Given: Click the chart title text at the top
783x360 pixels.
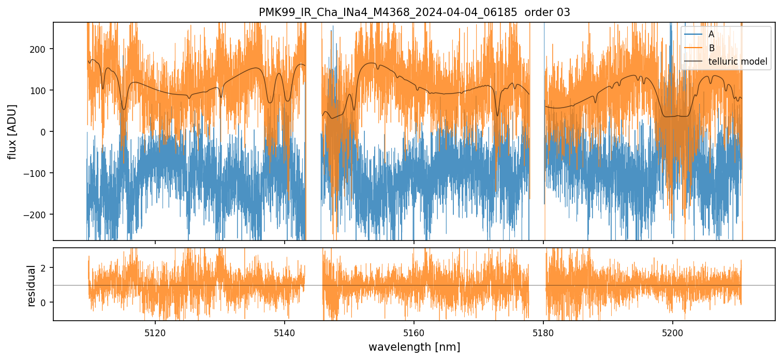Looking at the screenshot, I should point(414,12).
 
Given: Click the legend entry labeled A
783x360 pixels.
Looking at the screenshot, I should point(711,35).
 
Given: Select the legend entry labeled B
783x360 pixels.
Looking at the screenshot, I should point(711,49).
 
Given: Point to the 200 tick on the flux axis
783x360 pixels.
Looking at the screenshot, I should point(41,49).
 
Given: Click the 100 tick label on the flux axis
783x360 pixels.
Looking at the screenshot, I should point(41,91).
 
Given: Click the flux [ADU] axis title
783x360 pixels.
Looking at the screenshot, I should point(12,131).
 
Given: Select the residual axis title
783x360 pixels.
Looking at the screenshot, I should point(32,286).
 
